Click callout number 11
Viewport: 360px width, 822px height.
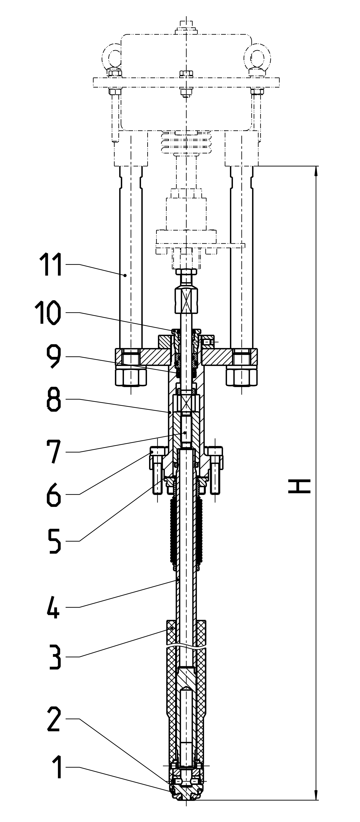[x=50, y=265]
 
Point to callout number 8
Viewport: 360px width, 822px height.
[x=53, y=399]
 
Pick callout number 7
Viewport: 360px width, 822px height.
[x=53, y=452]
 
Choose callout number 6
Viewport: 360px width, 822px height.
[x=53, y=494]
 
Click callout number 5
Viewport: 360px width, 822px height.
[x=54, y=541]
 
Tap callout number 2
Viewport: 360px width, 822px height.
[x=54, y=719]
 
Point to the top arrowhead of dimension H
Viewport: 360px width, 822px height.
[x=316, y=171]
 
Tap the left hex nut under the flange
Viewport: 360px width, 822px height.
[x=131, y=377]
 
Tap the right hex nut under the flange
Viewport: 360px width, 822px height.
[x=242, y=377]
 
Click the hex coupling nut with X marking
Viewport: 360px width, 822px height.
[x=186, y=300]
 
